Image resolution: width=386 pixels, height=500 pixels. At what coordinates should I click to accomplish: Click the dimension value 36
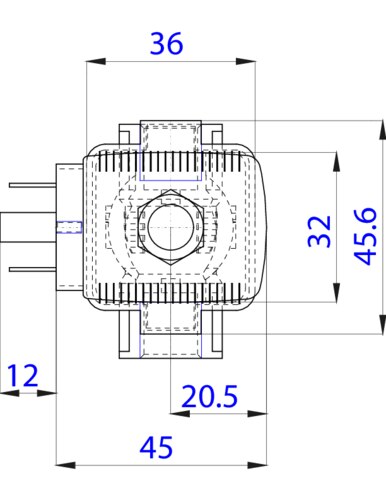click(x=166, y=43)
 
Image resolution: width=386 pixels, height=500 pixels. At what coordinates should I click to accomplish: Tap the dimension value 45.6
click(x=365, y=236)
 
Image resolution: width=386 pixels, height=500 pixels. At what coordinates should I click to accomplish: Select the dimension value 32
click(x=319, y=231)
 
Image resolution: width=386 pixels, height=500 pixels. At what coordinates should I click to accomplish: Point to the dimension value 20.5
click(x=209, y=396)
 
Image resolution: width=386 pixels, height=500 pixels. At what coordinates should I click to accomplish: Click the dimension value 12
click(x=22, y=376)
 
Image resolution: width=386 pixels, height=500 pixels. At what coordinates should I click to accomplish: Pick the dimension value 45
click(x=156, y=447)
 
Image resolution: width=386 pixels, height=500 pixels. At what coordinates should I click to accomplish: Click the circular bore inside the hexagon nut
click(x=171, y=227)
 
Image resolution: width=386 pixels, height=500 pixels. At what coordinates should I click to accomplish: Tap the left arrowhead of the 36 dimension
click(x=96, y=61)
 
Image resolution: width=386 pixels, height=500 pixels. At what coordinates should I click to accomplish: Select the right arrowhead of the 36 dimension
click(x=246, y=61)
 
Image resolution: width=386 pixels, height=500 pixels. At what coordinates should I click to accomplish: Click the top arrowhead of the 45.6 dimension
click(x=383, y=130)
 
